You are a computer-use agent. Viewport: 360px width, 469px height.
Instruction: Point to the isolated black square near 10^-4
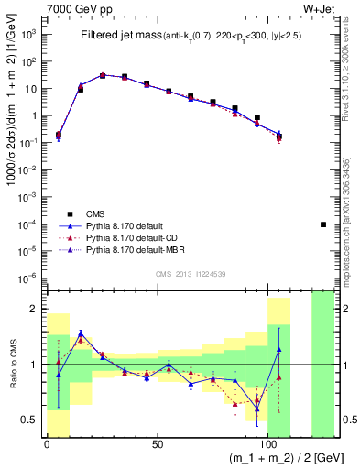[322, 224]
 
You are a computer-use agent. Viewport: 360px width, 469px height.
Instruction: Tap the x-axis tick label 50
[158, 444]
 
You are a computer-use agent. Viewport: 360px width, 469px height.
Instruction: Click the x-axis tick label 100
[268, 444]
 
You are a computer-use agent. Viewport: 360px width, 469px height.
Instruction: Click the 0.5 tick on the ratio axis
[34, 420]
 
